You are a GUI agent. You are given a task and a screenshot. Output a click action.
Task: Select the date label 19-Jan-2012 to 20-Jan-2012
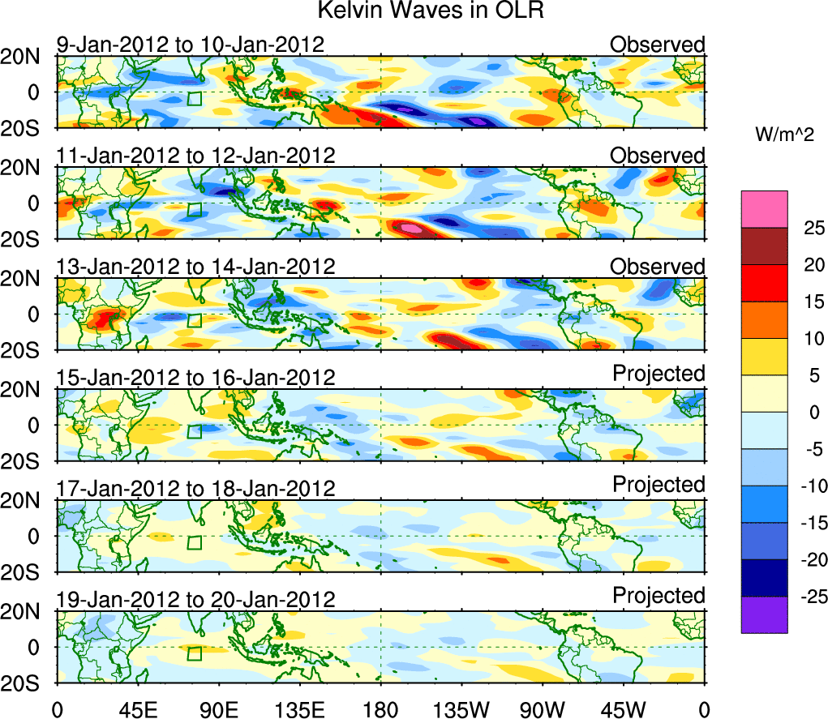click(195, 600)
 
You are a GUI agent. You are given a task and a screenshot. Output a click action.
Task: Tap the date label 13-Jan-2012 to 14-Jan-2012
click(195, 267)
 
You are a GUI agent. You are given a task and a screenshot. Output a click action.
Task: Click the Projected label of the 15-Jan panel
click(659, 374)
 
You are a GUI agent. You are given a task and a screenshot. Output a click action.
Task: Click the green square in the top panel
click(194, 100)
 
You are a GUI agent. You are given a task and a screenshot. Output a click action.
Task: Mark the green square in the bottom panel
click(194, 655)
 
